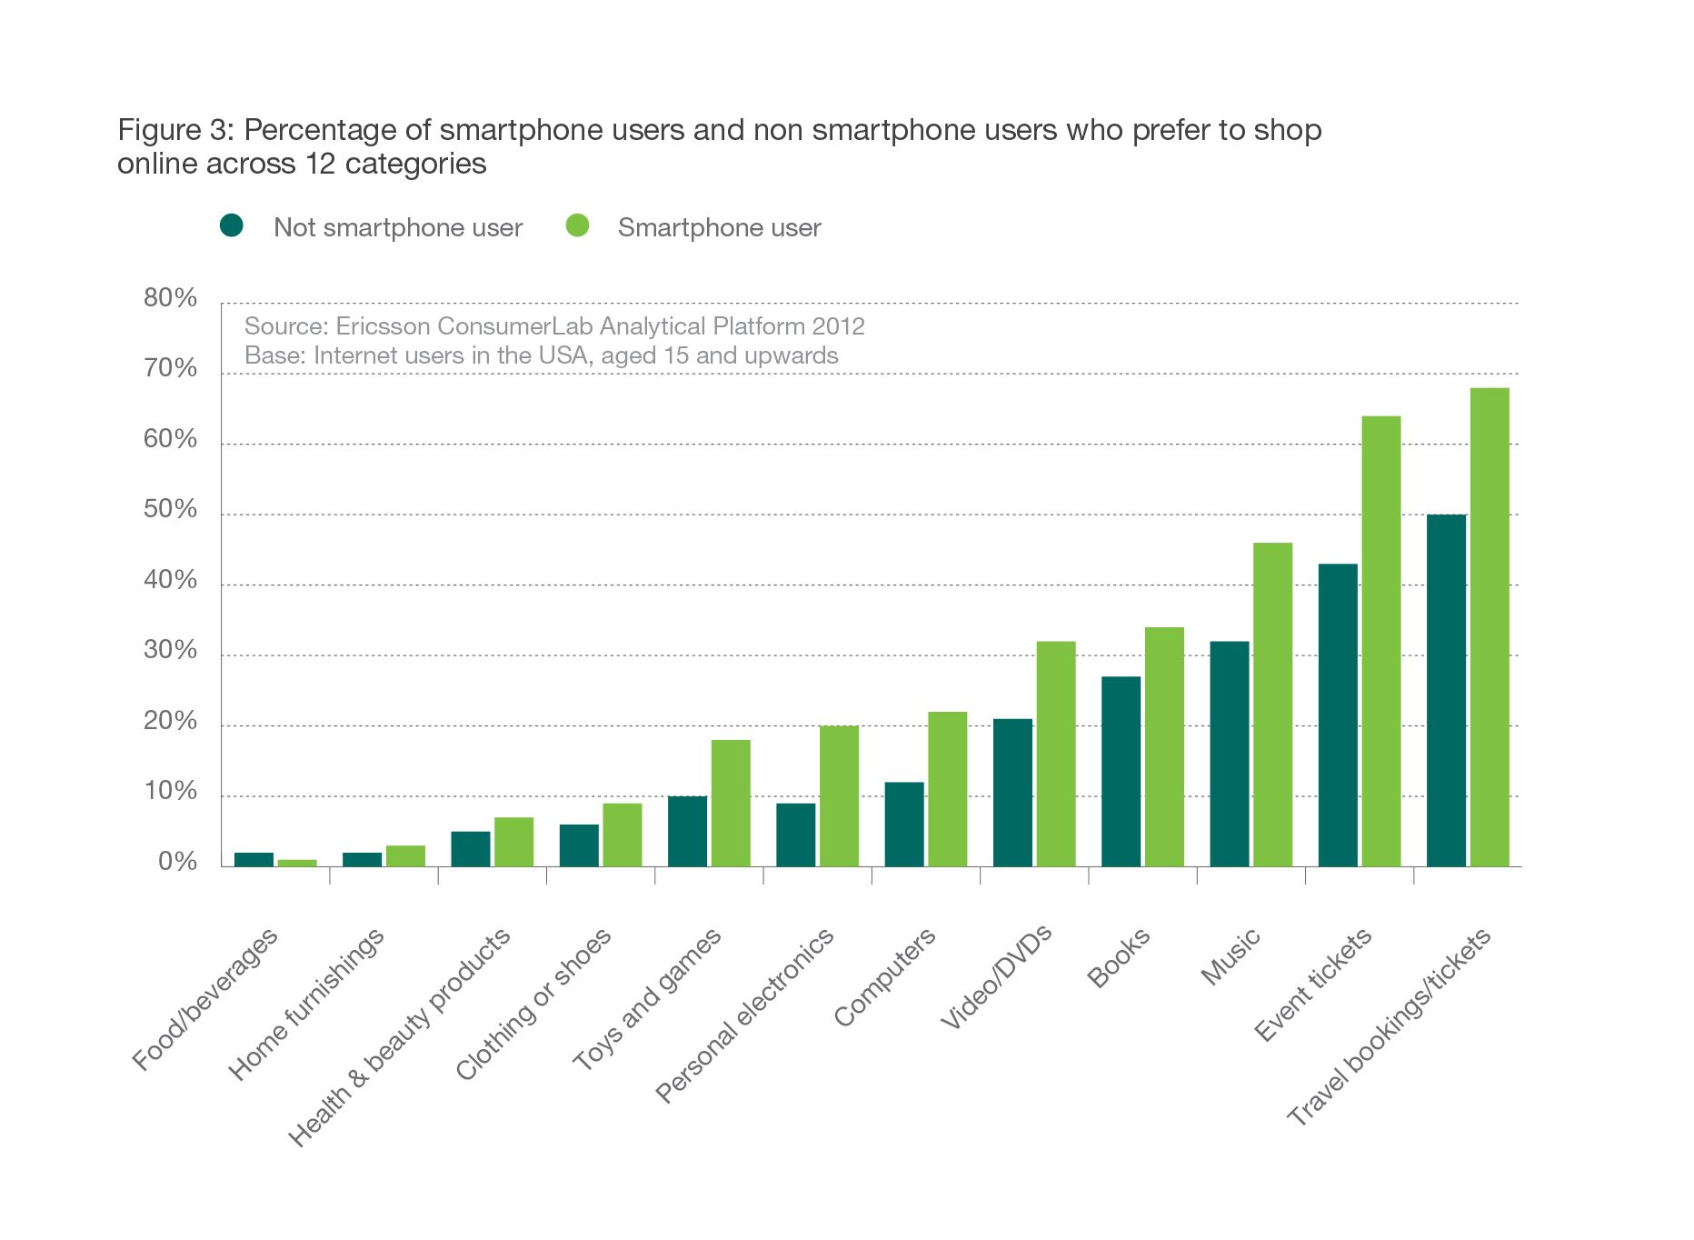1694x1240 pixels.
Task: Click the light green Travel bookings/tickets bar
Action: (x=1490, y=627)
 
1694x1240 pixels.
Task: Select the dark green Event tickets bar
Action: (x=1338, y=715)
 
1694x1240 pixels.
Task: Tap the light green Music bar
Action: (x=1272, y=705)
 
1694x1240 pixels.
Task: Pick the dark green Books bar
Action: (x=1121, y=771)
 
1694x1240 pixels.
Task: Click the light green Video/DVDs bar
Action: (x=1056, y=754)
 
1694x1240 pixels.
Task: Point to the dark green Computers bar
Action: (x=904, y=825)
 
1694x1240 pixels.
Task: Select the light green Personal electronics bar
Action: (x=839, y=796)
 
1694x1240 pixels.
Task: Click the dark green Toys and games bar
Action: (x=687, y=832)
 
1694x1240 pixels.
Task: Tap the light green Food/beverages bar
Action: (x=297, y=863)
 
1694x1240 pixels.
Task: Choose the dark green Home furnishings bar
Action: (x=362, y=859)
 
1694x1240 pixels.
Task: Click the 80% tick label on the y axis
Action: (x=170, y=298)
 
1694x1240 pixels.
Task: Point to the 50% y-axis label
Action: (x=170, y=509)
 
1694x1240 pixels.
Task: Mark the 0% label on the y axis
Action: (x=177, y=862)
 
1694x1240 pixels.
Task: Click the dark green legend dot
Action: (x=232, y=225)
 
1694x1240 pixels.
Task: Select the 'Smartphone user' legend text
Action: (x=719, y=227)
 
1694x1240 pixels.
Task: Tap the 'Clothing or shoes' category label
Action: (x=533, y=1005)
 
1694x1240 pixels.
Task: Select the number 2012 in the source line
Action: (x=838, y=326)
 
